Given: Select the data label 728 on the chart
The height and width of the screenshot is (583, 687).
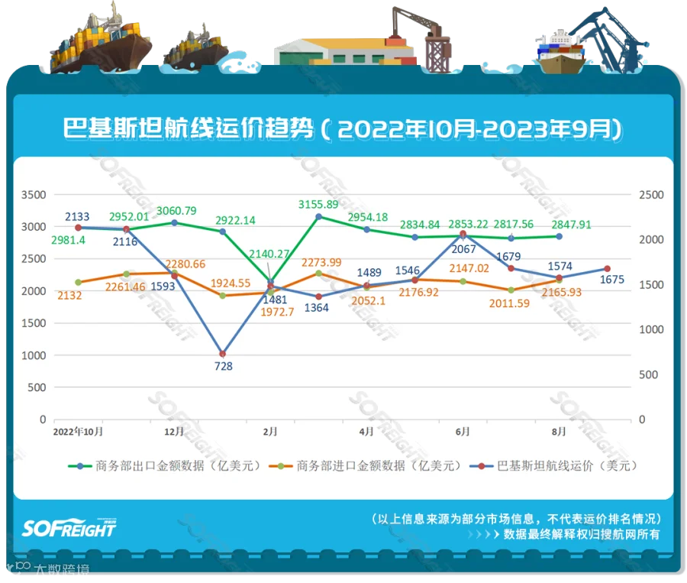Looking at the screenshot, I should click(x=224, y=366).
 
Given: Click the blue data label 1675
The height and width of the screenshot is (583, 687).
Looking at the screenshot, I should click(x=612, y=280).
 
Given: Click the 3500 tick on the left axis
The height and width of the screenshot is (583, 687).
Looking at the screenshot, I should click(x=32, y=195).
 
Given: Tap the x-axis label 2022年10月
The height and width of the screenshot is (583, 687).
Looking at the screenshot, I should click(x=78, y=432).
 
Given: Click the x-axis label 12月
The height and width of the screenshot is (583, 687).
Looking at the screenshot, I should click(x=175, y=432).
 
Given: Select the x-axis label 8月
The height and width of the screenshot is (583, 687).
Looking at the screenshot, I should click(x=560, y=432).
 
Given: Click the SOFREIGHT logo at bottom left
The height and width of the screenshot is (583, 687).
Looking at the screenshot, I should click(x=69, y=528).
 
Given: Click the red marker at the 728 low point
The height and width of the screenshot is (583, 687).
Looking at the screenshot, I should click(x=222, y=354).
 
